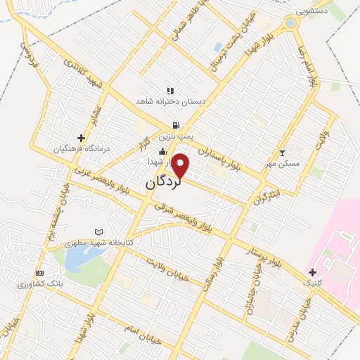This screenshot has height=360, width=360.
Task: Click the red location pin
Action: coord(181,165)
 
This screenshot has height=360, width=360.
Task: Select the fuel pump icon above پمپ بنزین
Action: coord(165,124)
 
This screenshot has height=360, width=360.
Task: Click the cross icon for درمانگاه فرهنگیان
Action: coord(82,138)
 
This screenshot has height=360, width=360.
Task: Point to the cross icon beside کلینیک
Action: coord(312,271)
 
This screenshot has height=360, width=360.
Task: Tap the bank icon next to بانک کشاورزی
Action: coord(39,273)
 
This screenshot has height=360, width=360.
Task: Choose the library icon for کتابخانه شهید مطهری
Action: coord(98,232)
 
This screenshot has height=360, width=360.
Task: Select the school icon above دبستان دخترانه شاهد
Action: coord(169,91)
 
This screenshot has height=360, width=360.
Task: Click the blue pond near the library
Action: coord(79,260)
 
